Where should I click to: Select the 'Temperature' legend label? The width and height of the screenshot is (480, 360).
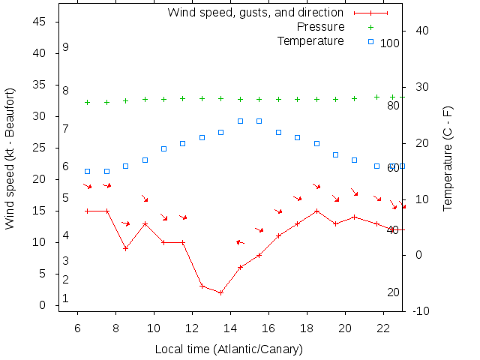tap(310, 40)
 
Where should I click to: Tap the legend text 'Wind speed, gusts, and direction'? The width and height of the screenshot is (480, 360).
tap(255, 13)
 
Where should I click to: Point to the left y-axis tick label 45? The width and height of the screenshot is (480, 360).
tap(41, 22)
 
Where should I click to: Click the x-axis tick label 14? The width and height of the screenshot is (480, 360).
tap(230, 328)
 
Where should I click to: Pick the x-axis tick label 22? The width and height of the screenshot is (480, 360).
tap(383, 328)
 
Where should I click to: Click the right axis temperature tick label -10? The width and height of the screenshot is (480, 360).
tap(421, 310)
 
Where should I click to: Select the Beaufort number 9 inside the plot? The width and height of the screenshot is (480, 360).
tap(66, 47)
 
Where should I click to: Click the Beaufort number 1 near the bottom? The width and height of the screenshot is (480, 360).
tap(66, 298)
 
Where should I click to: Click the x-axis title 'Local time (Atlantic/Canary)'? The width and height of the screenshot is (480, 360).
tap(229, 349)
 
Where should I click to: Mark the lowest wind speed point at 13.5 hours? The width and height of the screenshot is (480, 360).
tap(220, 292)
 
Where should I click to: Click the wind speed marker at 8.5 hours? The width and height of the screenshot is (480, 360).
tap(125, 248)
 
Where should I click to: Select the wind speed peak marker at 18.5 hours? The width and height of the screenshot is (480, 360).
tap(316, 211)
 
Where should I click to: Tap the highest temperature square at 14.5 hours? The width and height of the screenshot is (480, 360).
tap(240, 121)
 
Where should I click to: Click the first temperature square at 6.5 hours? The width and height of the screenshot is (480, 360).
tap(87, 171)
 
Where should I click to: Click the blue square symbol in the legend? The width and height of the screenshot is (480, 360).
tap(370, 41)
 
